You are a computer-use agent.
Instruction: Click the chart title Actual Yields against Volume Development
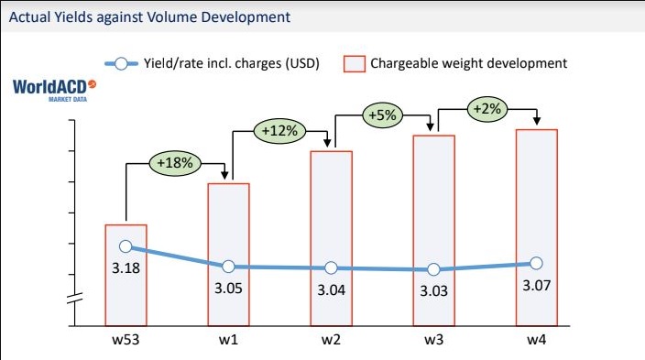(150, 16)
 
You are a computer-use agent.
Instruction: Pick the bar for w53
(126, 275)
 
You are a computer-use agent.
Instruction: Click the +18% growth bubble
(175, 164)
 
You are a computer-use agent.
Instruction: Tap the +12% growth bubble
(279, 131)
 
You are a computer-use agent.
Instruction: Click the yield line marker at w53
(126, 246)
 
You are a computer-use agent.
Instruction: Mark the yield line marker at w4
(537, 264)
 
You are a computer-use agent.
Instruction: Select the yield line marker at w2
(332, 267)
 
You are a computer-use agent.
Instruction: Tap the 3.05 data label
(229, 289)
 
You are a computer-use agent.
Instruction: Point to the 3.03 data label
(434, 291)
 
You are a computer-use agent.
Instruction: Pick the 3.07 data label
(537, 286)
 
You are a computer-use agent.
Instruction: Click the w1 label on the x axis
(229, 341)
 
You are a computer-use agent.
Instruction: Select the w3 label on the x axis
(434, 341)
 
